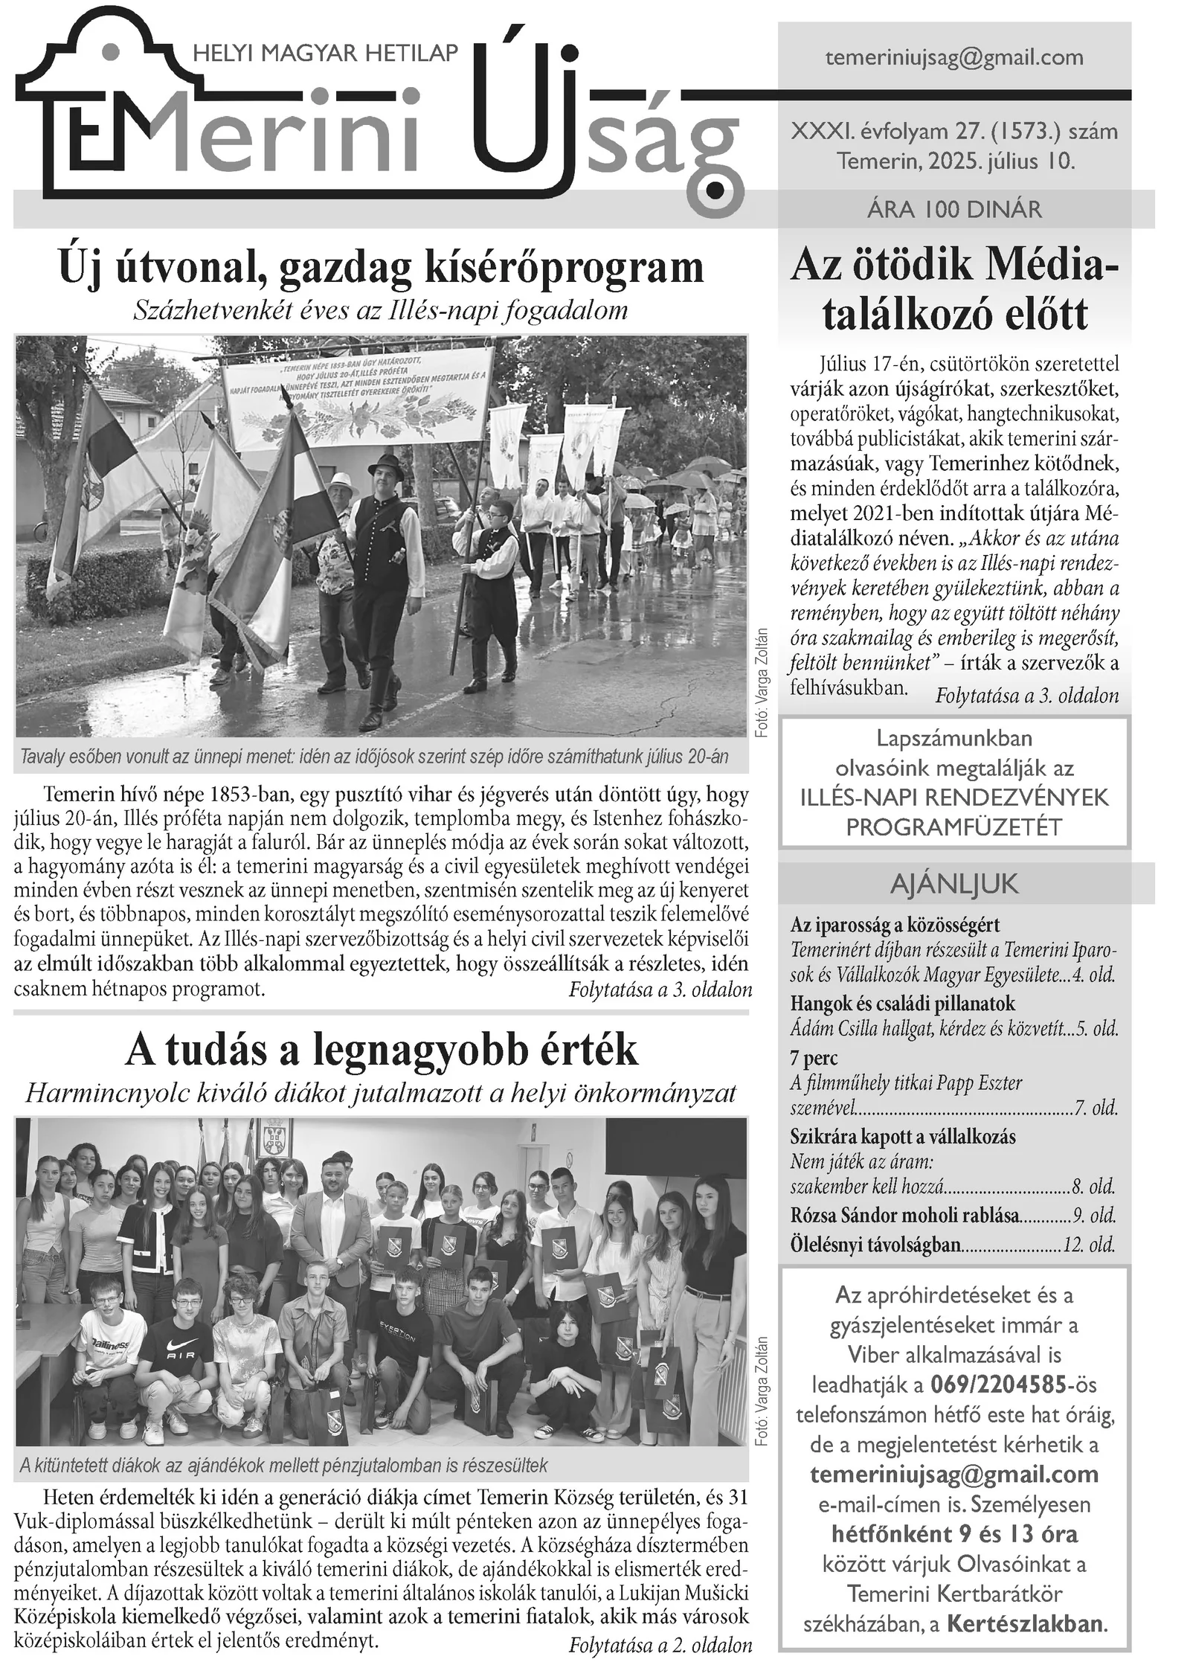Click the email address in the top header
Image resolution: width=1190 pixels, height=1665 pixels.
(x=954, y=58)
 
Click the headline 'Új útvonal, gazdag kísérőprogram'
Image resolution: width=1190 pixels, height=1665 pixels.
(x=381, y=269)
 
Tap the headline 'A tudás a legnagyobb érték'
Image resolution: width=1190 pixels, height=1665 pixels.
(x=381, y=1050)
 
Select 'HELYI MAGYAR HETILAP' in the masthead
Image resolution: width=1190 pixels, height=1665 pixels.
(x=325, y=53)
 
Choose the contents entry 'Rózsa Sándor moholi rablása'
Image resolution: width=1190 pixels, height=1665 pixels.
(x=904, y=1216)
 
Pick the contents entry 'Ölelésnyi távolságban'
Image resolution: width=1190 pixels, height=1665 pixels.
(x=875, y=1244)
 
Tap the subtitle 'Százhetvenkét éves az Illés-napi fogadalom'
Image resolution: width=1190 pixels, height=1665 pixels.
(x=380, y=310)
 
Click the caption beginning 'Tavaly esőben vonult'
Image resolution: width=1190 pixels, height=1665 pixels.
(x=373, y=757)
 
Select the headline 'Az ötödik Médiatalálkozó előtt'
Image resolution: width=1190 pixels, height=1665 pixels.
(x=954, y=290)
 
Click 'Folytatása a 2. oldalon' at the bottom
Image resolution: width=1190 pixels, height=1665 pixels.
(x=660, y=1644)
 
